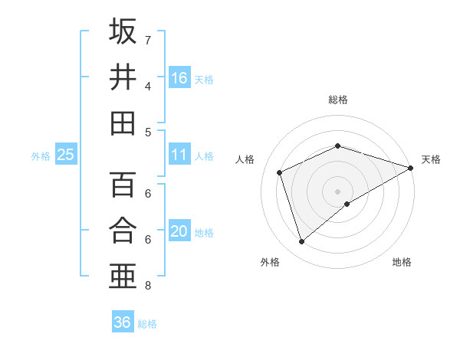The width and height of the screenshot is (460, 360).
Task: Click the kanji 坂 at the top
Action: tap(123, 31)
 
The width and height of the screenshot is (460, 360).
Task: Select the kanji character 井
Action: tap(123, 77)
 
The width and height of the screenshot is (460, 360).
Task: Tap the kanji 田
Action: tap(123, 123)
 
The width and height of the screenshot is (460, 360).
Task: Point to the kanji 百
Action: tap(123, 185)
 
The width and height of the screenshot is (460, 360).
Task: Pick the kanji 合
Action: tap(123, 231)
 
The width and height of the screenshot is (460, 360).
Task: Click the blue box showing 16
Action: tap(179, 78)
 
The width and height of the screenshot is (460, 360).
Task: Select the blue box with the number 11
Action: tap(179, 155)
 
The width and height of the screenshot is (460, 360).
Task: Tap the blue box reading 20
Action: tap(179, 231)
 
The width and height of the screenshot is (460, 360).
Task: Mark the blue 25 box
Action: tap(65, 155)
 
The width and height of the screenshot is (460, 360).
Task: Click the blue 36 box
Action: tap(123, 322)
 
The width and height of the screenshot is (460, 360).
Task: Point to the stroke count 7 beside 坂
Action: tap(148, 40)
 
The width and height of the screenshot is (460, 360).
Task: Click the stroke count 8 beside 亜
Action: tap(148, 286)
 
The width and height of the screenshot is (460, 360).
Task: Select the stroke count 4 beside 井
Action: tap(148, 86)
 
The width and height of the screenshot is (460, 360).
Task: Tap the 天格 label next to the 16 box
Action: tap(204, 80)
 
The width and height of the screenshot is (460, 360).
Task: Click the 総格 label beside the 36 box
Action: tap(147, 324)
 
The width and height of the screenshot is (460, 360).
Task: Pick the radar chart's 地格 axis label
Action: tap(402, 262)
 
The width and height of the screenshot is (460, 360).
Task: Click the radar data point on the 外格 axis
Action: tap(301, 242)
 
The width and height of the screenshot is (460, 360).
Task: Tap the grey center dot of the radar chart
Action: tap(337, 191)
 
